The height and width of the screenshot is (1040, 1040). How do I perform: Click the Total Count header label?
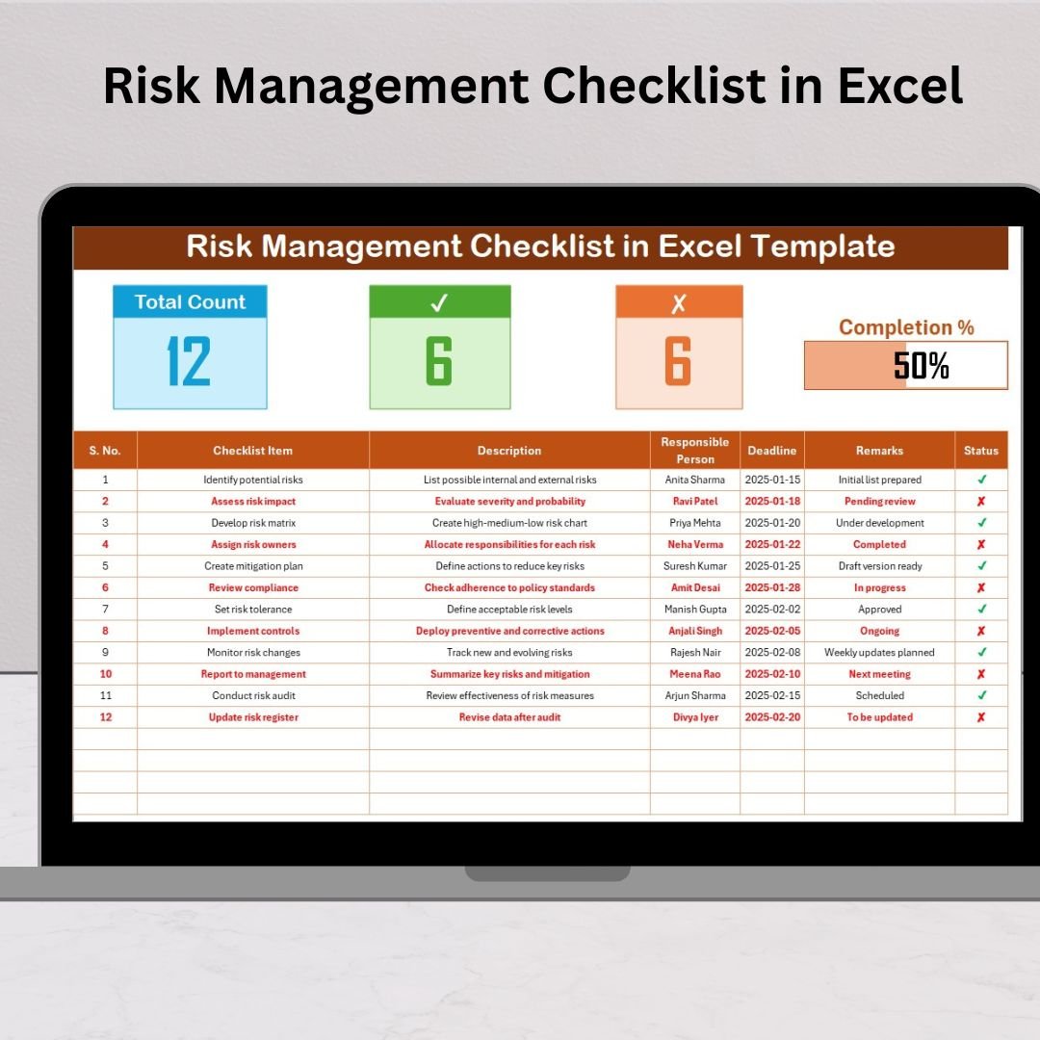190,301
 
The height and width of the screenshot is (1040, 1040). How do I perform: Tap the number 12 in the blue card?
189,361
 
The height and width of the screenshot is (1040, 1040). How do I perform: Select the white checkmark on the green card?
439,302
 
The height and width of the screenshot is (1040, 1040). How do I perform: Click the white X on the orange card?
679,303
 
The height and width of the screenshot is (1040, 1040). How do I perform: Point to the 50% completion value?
922,365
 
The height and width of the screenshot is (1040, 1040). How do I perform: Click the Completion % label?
906,327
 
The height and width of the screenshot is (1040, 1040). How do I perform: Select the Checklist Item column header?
252,451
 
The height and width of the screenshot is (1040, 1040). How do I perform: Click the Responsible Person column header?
695,451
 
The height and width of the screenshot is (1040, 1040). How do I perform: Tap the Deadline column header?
772,451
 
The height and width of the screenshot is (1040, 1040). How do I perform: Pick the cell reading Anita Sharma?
695,480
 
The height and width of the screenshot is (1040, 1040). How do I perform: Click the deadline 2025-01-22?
772,544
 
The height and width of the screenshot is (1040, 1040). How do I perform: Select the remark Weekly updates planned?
879,653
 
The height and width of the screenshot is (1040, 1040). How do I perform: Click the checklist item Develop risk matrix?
253,523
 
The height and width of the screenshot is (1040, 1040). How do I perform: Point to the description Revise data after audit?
509,717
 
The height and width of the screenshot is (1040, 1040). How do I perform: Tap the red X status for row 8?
981,631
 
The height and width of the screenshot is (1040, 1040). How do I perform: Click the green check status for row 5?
981,566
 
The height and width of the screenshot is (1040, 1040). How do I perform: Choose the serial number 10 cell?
106,674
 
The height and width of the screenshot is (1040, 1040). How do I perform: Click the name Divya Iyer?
695,717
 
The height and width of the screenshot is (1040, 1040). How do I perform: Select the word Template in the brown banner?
822,247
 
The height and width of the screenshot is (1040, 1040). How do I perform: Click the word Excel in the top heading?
900,87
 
